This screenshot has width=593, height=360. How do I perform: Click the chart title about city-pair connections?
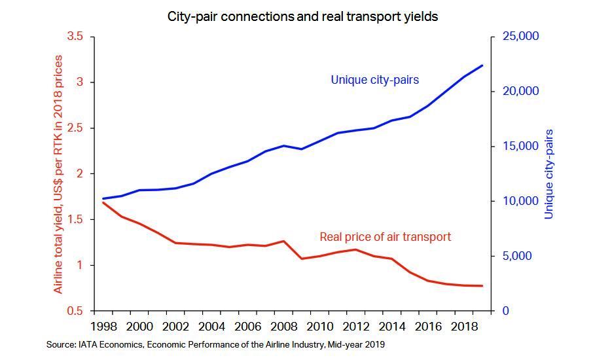pos(302,17)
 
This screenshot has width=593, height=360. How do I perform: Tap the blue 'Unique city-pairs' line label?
pos(374,81)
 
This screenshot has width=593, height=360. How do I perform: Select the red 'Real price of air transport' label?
pos(385,237)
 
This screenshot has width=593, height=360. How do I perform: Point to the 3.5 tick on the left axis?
pos(75,37)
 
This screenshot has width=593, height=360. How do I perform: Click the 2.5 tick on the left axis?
pos(75,128)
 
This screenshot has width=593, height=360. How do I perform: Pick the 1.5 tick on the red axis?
pos(75,219)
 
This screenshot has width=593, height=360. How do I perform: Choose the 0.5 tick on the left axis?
pos(75,311)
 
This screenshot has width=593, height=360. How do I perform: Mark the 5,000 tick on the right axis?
pos(517,256)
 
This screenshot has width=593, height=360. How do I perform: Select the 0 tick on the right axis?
pos(505,311)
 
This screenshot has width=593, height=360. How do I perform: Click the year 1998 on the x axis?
pos(103,327)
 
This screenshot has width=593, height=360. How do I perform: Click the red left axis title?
pos(58,174)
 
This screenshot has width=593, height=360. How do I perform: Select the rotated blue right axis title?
pos(549,174)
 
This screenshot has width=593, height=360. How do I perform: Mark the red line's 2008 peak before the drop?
pos(283,241)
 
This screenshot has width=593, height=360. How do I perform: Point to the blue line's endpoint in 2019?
pos(483,65)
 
